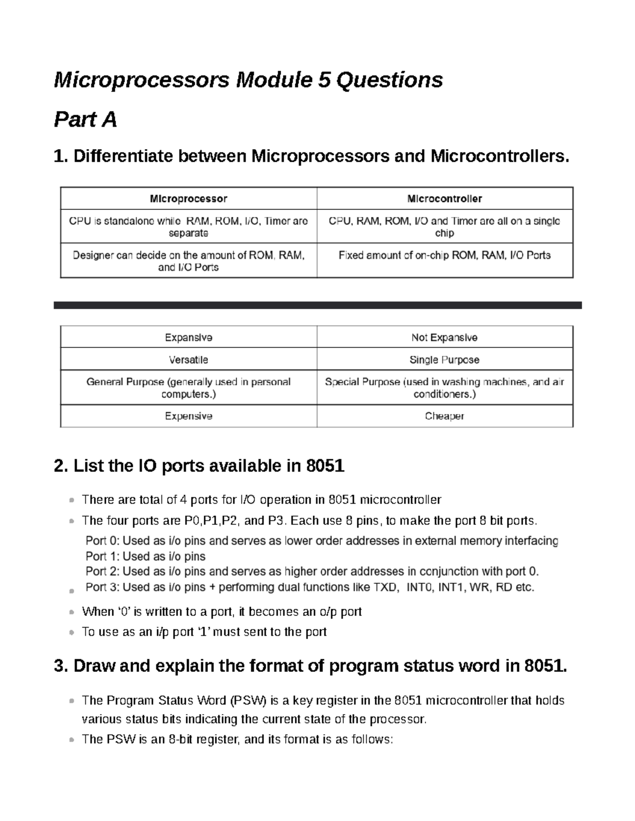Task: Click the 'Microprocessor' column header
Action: tap(188, 199)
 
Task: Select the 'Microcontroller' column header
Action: tap(444, 199)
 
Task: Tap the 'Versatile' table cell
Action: tap(188, 359)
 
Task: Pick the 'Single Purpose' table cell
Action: tap(444, 359)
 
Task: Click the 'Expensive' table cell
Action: tap(188, 416)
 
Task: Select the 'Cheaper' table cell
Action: tap(444, 416)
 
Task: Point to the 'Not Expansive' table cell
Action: tap(444, 337)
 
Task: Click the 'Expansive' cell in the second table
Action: tap(188, 337)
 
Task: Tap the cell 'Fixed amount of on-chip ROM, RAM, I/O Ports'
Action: tap(444, 255)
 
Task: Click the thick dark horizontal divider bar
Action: tap(317, 305)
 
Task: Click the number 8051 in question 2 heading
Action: tap(325, 466)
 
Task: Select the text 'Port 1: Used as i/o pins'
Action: tap(146, 556)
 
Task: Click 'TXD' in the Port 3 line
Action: tap(386, 587)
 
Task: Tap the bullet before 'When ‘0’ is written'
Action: tap(71, 613)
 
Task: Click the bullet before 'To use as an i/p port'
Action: tap(71, 633)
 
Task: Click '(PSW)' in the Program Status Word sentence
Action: tap(248, 700)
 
